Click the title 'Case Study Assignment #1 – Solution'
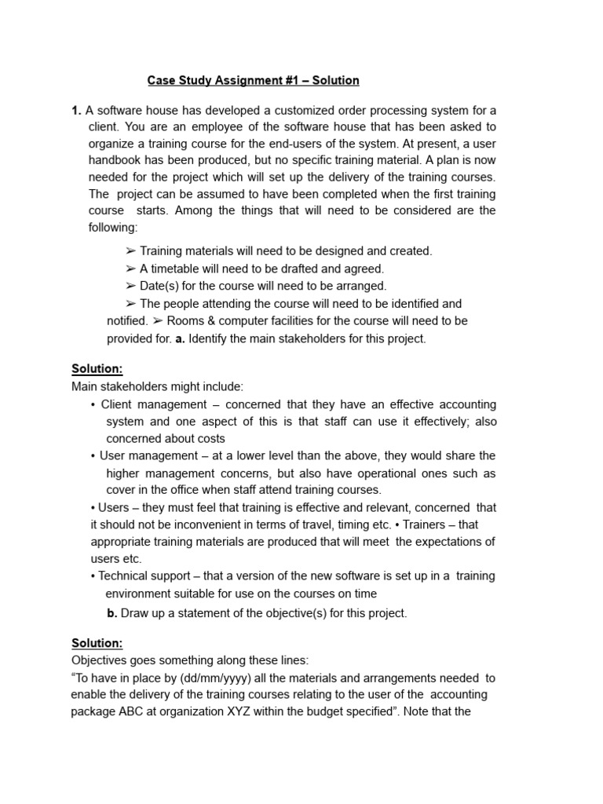(254, 80)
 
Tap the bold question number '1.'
(76, 110)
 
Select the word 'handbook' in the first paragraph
(115, 160)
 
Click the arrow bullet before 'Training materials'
(130, 251)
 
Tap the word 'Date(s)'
(158, 286)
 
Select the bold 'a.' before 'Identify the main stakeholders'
(180, 338)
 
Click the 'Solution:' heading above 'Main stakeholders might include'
(97, 369)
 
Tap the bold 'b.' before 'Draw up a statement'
(112, 613)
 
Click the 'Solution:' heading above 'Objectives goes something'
(97, 644)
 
